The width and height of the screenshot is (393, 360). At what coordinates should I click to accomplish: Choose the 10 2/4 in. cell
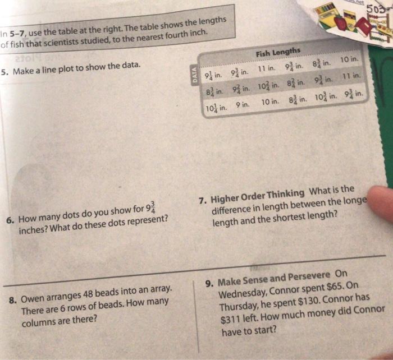tap(268, 86)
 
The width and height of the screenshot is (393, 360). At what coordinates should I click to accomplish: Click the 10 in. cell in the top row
tap(349, 60)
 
